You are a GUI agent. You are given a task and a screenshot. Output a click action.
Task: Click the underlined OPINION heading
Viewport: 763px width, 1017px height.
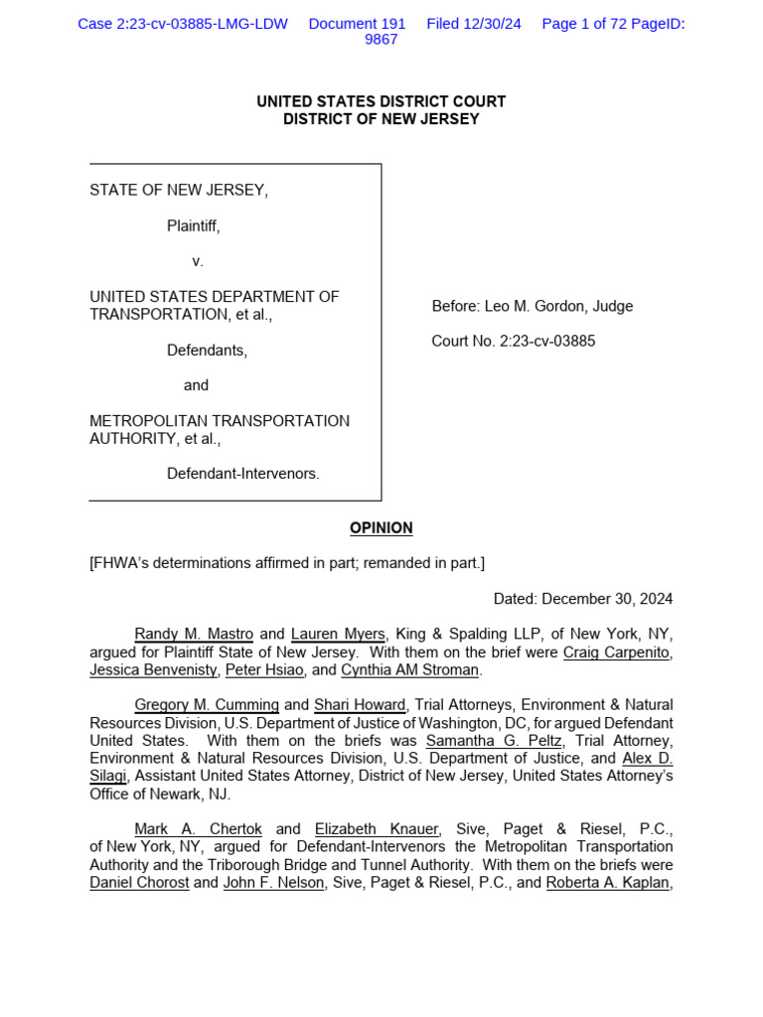tap(381, 528)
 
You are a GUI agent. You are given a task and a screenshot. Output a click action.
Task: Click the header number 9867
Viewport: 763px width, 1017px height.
tap(381, 40)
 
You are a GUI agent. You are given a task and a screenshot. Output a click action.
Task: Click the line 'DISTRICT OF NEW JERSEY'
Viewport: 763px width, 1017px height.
tap(381, 119)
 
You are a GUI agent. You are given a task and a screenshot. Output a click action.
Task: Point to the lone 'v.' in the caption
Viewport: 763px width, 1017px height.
tap(198, 261)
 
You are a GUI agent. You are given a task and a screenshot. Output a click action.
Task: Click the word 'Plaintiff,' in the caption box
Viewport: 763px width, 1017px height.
tap(193, 226)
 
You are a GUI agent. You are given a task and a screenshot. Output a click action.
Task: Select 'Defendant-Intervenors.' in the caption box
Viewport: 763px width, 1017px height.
tap(243, 474)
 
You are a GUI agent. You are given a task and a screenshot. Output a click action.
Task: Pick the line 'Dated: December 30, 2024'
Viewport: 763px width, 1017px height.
tap(583, 599)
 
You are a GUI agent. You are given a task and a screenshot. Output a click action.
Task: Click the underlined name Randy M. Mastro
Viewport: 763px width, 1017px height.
tap(194, 635)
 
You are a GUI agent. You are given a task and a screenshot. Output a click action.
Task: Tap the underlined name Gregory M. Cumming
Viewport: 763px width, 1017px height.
tap(207, 705)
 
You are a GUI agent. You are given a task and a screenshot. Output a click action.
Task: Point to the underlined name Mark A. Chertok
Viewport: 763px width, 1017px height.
tap(199, 829)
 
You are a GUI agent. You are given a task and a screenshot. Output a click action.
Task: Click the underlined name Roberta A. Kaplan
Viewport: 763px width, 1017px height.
tap(608, 883)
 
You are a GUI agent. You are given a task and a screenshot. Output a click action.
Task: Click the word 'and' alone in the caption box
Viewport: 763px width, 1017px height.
tap(197, 385)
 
